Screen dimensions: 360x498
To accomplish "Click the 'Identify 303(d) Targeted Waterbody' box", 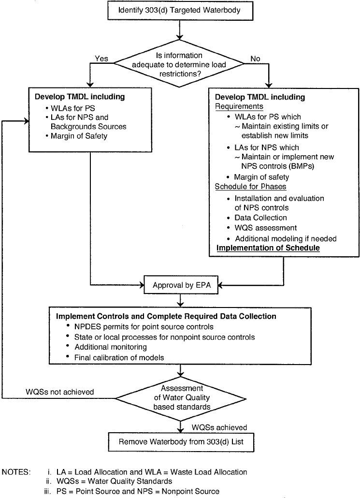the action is point(179,11).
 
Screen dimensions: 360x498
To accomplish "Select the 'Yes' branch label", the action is point(101,59).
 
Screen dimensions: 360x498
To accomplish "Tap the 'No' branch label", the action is point(255,59).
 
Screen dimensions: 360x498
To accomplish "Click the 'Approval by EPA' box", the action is point(181,285).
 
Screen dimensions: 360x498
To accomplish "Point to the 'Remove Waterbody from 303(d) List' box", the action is point(181,442).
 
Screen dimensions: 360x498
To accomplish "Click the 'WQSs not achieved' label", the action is point(60,392).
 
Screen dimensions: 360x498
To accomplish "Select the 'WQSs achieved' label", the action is point(219,427).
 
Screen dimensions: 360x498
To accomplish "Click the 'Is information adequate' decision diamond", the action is point(179,64).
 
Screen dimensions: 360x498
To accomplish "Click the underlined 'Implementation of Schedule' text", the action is point(268,248).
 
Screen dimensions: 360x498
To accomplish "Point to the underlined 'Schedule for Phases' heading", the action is point(250,187).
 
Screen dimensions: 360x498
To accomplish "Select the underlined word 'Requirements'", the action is point(239,106).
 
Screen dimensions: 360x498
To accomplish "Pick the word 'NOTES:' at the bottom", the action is point(16,472).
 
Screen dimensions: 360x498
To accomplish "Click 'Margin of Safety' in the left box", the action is point(79,136).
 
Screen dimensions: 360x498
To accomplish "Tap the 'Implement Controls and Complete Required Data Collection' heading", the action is point(166,316).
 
